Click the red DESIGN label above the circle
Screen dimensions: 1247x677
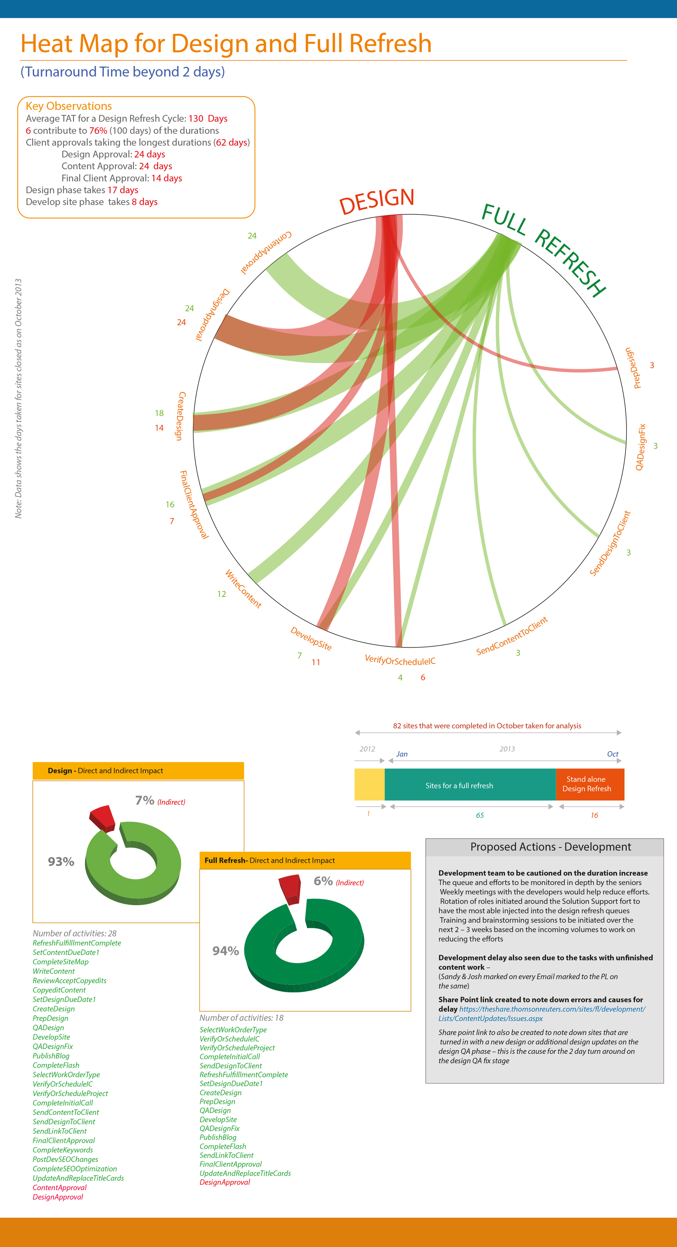377,201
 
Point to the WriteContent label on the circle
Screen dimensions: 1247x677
243,589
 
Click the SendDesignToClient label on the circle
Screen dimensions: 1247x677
610,543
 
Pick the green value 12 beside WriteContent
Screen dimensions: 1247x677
221,594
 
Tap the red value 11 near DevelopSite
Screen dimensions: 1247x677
316,662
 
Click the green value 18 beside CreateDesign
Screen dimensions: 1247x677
159,413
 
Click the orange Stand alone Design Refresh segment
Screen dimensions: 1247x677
590,784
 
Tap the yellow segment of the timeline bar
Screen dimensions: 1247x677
369,784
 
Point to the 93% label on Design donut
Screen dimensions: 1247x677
61,862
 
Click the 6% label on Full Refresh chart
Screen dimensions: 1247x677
323,881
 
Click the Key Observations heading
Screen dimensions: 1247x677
69,106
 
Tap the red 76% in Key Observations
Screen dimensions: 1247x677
98,131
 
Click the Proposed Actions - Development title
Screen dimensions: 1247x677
551,847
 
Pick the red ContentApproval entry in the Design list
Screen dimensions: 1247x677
60,1187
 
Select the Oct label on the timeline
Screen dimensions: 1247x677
613,754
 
